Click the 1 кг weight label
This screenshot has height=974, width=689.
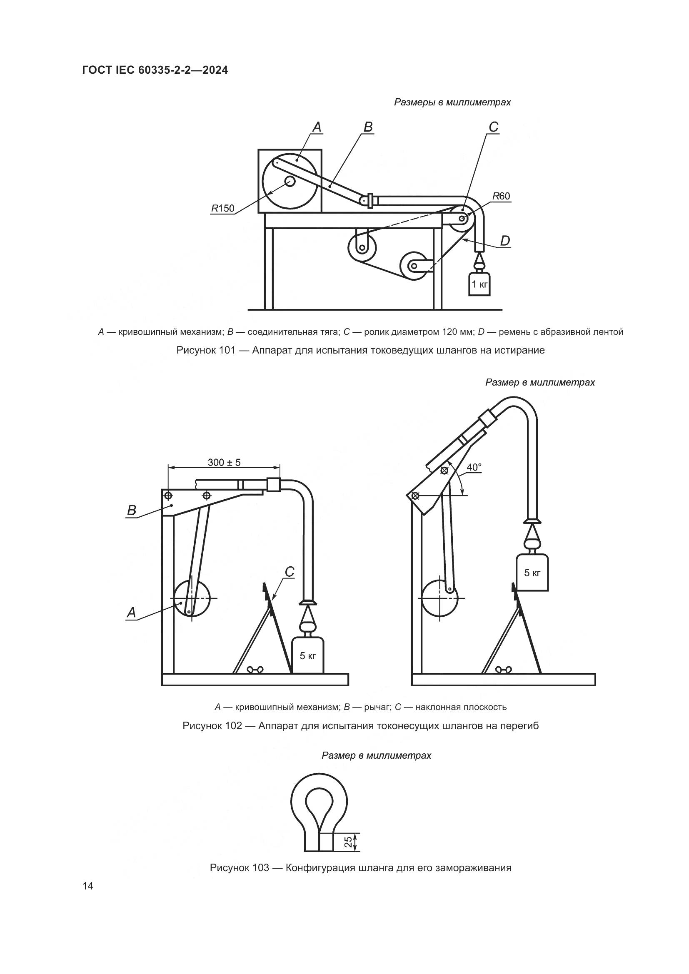(x=479, y=284)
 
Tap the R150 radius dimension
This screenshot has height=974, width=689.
(x=223, y=208)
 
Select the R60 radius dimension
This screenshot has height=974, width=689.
(x=501, y=196)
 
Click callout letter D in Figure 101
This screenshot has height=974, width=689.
(x=505, y=241)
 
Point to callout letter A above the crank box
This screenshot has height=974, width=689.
(x=317, y=127)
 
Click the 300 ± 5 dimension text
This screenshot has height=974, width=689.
(x=224, y=462)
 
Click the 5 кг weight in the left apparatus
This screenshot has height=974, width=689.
(x=308, y=656)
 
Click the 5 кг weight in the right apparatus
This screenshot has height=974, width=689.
(x=532, y=573)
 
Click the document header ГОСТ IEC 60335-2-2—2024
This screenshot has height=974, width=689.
(x=155, y=70)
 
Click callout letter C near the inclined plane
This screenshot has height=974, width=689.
(x=290, y=572)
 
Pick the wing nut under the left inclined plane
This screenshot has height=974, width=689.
(x=256, y=670)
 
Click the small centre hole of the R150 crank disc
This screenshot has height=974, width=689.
(x=290, y=182)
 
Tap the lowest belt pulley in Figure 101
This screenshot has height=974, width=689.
(x=413, y=267)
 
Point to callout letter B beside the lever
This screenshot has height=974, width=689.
(x=132, y=510)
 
